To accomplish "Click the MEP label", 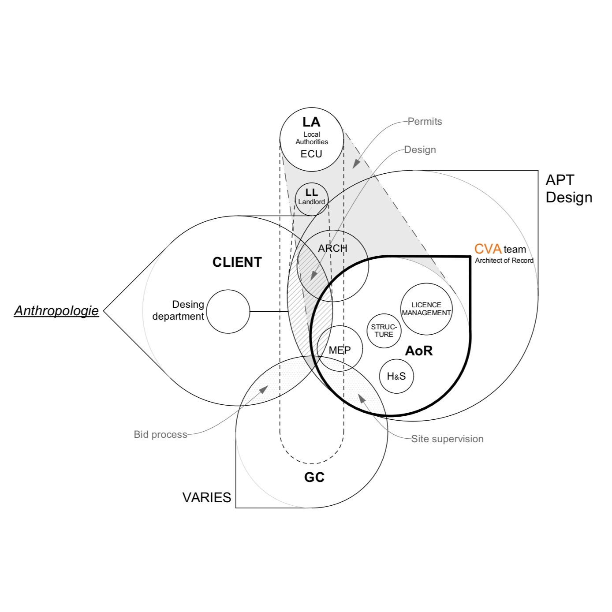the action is (x=340, y=350).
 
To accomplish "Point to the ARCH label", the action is (x=332, y=248).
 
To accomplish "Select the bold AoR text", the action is (x=419, y=351).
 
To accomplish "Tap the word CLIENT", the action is (x=237, y=262).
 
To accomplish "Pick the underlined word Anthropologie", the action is (x=56, y=310).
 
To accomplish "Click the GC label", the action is (x=314, y=478).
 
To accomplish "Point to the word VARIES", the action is (x=207, y=498).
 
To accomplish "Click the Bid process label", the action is (x=160, y=434).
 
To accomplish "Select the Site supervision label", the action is (x=447, y=439).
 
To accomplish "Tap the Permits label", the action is (x=425, y=121).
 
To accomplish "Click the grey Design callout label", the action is (x=420, y=149).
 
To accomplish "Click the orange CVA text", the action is (x=488, y=249).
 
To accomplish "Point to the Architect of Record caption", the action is (x=504, y=261).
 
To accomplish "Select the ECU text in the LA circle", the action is (x=311, y=154).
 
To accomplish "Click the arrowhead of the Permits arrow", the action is (x=356, y=164).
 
